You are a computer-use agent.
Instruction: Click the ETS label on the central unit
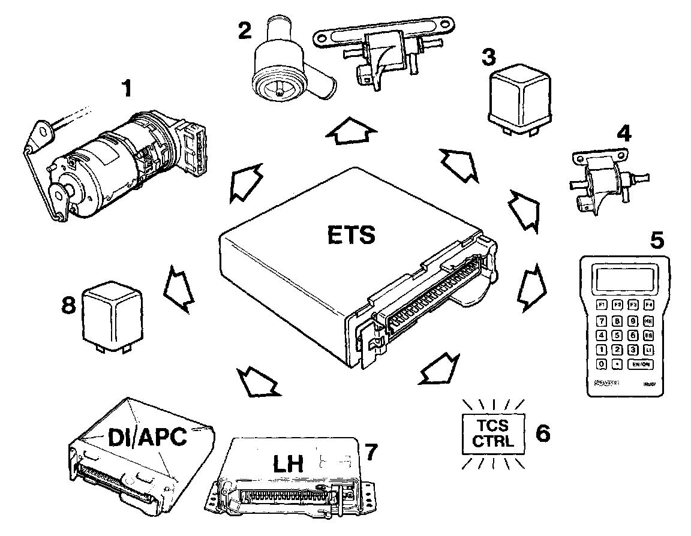pyautogui.click(x=351, y=234)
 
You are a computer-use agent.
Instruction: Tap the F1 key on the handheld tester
pyautogui.click(x=600, y=305)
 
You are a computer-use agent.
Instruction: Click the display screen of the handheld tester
pyautogui.click(x=624, y=278)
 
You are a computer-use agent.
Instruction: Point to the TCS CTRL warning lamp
pyautogui.click(x=492, y=433)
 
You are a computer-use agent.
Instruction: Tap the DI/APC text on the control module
pyautogui.click(x=146, y=437)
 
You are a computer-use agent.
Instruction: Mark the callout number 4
pyautogui.click(x=624, y=133)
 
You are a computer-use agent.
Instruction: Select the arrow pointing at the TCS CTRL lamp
pyautogui.click(x=437, y=368)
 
